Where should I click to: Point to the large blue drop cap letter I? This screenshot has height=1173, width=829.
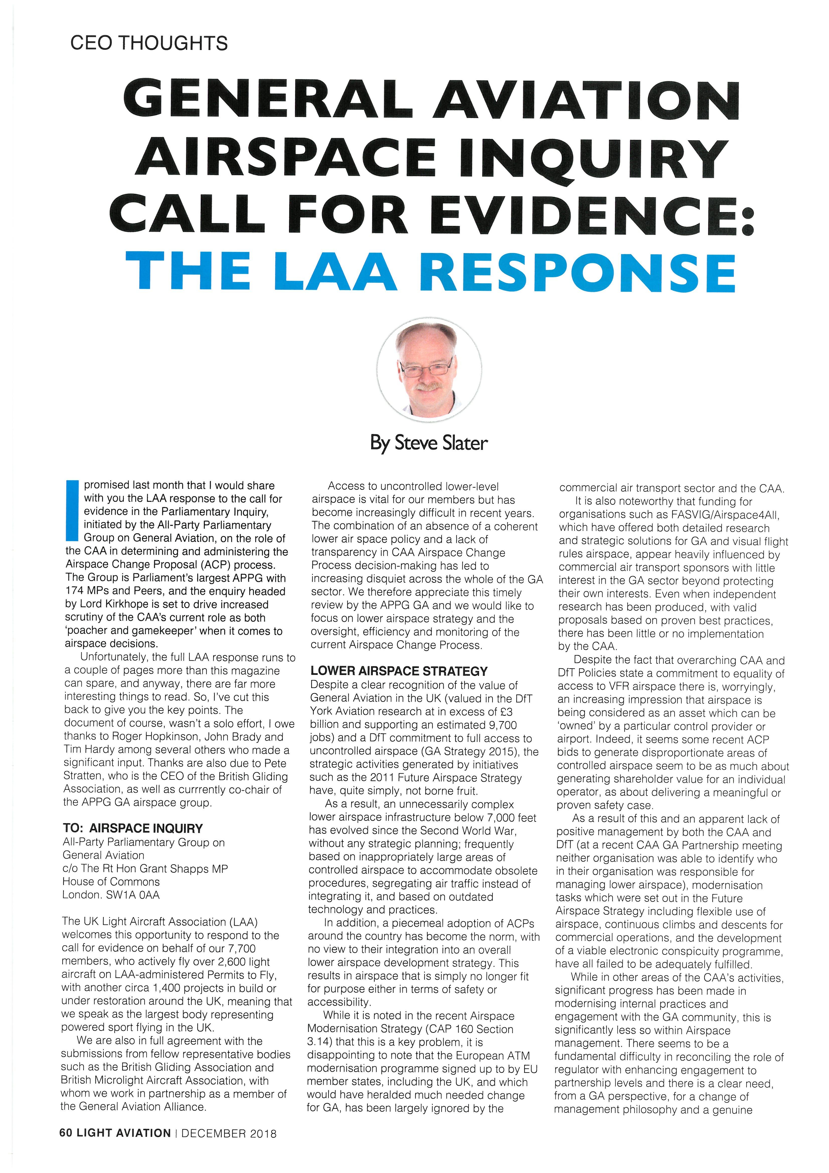(72, 510)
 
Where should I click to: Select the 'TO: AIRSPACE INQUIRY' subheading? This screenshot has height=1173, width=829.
(133, 828)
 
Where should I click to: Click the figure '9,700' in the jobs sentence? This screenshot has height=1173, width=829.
(502, 724)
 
